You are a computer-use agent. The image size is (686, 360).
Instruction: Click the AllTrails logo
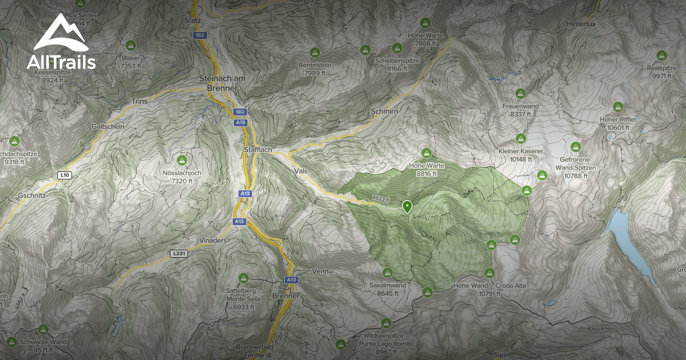(61, 42)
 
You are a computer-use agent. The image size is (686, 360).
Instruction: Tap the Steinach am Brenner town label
(220, 82)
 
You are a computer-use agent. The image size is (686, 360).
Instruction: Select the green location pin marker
(407, 206)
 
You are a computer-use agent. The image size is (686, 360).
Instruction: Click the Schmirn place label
(384, 111)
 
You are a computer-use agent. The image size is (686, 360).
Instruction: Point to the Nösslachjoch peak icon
(182, 159)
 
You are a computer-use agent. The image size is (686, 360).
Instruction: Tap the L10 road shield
(64, 175)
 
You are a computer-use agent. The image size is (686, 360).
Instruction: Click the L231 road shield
(178, 253)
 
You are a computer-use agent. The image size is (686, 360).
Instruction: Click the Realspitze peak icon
(661, 55)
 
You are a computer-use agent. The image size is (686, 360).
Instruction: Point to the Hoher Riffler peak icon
(617, 107)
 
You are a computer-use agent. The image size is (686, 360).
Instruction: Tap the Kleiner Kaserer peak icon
(520, 138)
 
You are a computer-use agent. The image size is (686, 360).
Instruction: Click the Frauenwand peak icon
(520, 93)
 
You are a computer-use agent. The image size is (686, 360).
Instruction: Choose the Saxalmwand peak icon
(388, 273)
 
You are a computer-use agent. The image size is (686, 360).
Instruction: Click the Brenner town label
(286, 296)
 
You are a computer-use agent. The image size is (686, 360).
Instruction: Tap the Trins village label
(139, 101)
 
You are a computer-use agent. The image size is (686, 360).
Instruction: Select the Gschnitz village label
(31, 195)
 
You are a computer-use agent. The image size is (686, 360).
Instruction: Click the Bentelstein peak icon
(315, 53)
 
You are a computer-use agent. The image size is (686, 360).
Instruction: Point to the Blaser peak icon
(130, 45)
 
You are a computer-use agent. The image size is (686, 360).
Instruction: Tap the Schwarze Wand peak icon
(43, 330)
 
